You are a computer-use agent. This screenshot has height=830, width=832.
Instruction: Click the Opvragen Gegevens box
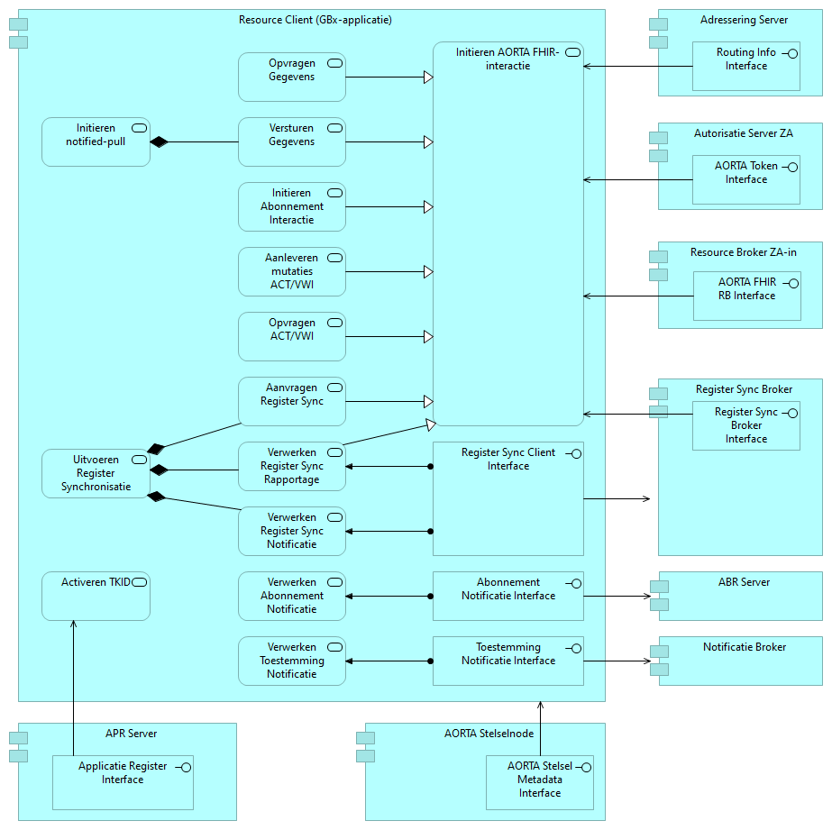[x=291, y=77]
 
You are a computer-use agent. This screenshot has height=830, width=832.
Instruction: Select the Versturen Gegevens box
[x=291, y=141]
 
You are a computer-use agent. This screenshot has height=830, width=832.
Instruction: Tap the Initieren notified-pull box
[x=96, y=141]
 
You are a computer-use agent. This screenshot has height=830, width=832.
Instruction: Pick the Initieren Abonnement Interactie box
[x=291, y=206]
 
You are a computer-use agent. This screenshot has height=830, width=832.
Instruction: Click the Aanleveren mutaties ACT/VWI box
[x=291, y=271]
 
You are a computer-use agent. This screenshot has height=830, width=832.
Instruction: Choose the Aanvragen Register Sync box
[x=291, y=401]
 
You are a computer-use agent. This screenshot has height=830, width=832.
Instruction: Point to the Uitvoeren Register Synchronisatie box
[x=96, y=473]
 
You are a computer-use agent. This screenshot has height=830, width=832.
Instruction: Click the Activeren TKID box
[x=96, y=596]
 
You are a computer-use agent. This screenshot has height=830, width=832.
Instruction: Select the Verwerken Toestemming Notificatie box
[x=291, y=661]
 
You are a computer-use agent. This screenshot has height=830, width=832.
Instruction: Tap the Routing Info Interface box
[x=745, y=66]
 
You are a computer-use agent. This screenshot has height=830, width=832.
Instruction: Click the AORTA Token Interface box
[x=745, y=179]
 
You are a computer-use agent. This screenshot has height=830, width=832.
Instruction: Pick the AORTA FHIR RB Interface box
[x=746, y=296]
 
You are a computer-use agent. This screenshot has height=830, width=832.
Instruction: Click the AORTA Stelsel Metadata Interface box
[x=539, y=782]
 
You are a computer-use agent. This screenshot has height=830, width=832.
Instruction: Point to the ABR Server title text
[x=744, y=582]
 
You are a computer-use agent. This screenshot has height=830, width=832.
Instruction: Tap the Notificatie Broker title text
[x=745, y=647]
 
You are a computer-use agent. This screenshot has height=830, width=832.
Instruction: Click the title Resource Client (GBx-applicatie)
[x=315, y=20]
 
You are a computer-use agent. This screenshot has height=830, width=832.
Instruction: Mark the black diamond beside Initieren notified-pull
[x=160, y=141]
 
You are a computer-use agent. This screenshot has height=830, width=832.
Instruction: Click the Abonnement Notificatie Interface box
[x=508, y=596]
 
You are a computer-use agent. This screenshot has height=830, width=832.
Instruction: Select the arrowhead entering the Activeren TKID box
[x=73, y=625]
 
